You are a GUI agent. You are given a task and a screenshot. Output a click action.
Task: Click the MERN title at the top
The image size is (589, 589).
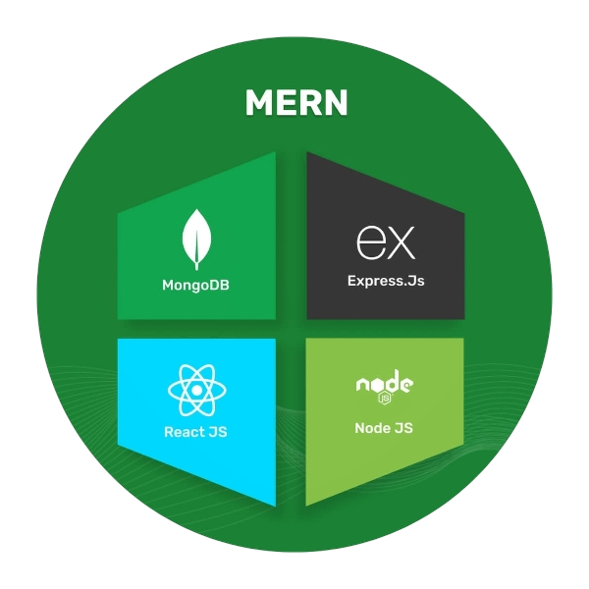pyautogui.click(x=295, y=102)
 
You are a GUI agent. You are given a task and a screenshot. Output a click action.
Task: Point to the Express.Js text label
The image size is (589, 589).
pyautogui.click(x=386, y=281)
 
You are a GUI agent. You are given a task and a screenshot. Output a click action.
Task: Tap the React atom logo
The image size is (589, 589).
pyautogui.click(x=197, y=390)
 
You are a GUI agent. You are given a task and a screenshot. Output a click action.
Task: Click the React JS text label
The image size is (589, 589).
pyautogui.click(x=196, y=432)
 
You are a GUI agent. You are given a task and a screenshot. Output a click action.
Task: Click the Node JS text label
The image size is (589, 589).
pyautogui.click(x=384, y=428)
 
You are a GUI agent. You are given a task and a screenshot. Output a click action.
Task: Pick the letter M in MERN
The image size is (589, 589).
pyautogui.click(x=259, y=102)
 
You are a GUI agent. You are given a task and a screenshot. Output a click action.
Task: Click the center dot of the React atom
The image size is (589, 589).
pyautogui.click(x=197, y=390)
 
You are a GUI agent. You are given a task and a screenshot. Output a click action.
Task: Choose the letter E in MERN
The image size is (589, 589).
pyautogui.click(x=286, y=102)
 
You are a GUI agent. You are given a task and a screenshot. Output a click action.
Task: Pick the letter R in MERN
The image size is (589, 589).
pyautogui.click(x=308, y=102)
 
